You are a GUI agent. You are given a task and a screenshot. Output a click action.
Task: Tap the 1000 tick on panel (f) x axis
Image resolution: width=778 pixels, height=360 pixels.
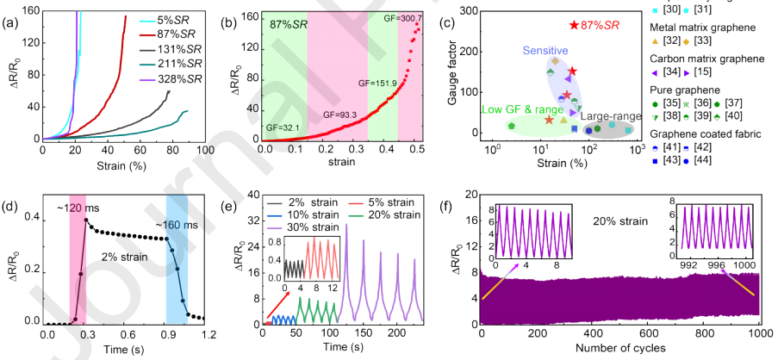point(759,335)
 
